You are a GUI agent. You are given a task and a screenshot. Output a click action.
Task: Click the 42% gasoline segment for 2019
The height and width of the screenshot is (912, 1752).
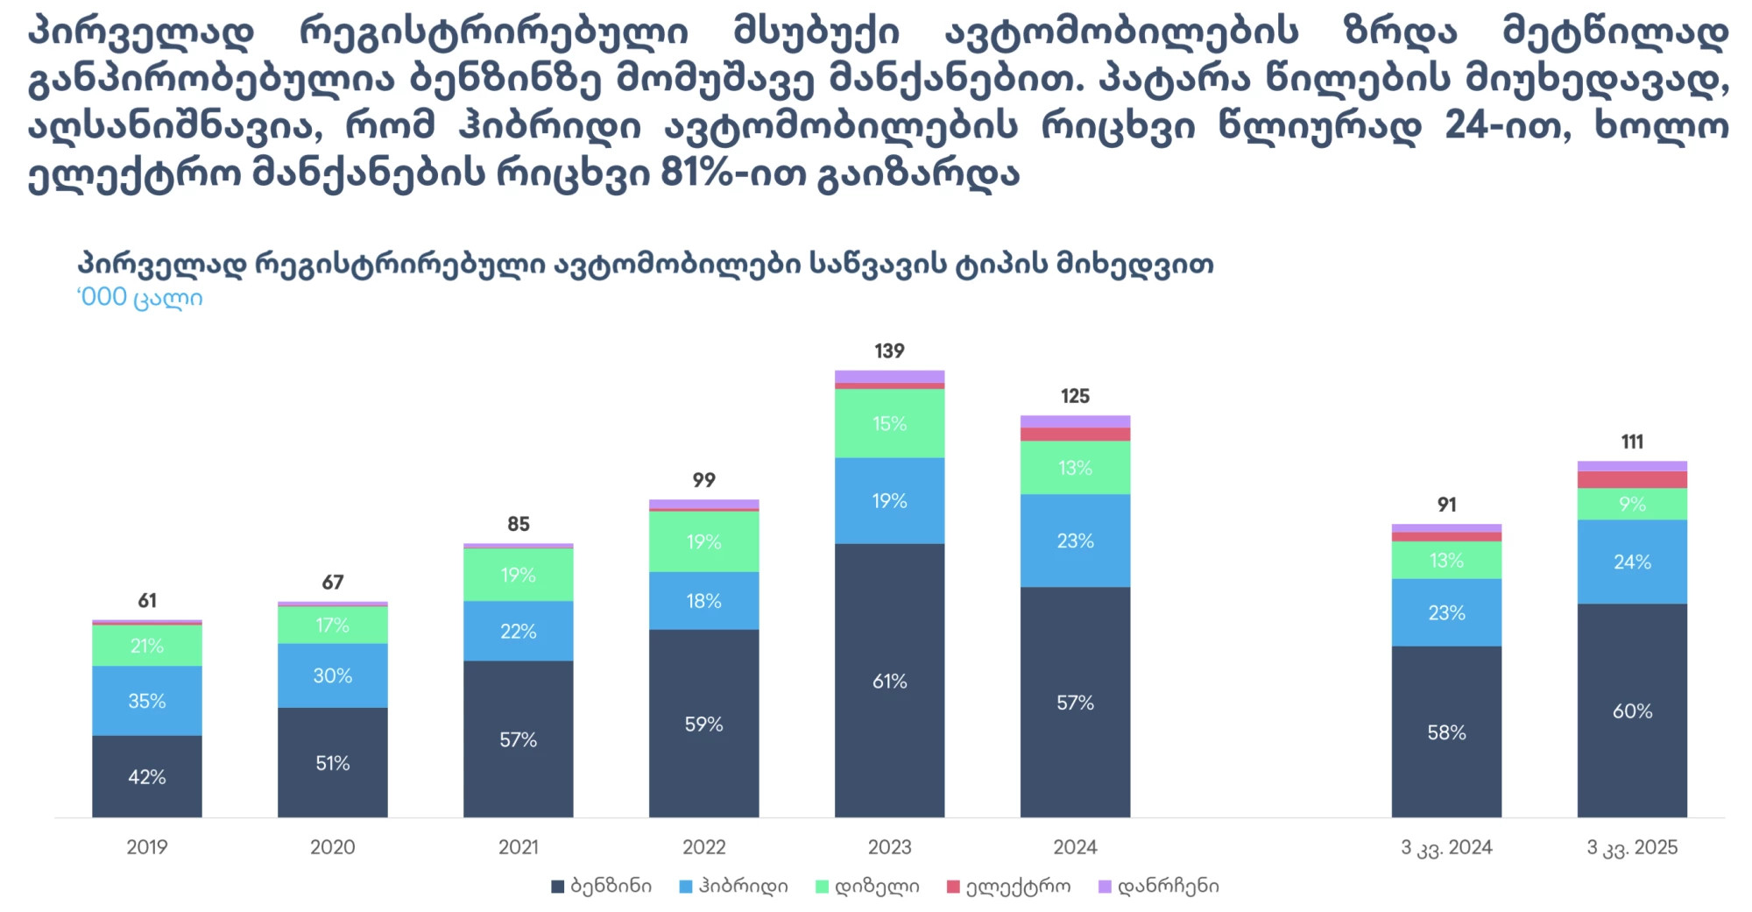(146, 776)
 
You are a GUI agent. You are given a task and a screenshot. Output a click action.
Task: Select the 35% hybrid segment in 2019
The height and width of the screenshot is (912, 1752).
(146, 700)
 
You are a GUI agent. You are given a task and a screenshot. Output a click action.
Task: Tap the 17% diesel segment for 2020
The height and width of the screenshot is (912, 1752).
(332, 625)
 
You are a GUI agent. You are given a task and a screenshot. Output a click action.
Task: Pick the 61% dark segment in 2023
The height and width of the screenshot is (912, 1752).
(889, 681)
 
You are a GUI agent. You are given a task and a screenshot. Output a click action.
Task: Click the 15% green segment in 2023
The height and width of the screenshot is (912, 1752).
(889, 423)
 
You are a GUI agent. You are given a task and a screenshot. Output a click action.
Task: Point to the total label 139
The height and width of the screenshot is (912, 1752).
(889, 351)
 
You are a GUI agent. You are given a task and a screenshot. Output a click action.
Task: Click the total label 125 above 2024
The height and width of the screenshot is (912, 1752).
(1075, 396)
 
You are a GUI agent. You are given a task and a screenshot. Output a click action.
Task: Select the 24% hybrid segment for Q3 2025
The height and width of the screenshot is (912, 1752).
(1632, 562)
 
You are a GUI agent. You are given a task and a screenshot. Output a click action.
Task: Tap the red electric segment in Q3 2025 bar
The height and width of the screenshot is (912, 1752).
(1632, 479)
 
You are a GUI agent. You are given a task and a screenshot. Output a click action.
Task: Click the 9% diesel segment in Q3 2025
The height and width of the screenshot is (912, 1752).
(1632, 504)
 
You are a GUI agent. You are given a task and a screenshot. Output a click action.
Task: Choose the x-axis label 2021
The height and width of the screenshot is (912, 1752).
(518, 847)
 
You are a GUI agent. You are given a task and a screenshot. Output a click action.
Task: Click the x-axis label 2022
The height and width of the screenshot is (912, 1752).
(703, 847)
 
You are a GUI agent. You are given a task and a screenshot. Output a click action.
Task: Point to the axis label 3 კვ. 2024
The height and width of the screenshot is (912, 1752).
(1446, 847)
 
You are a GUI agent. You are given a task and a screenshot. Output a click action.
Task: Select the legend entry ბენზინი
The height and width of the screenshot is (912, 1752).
(602, 887)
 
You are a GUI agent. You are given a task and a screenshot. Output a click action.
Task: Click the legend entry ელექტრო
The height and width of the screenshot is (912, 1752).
(1009, 887)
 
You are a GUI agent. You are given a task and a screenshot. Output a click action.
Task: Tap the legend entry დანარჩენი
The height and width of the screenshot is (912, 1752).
(1159, 887)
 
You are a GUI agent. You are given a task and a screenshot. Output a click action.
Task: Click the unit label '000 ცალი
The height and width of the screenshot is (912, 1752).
(140, 298)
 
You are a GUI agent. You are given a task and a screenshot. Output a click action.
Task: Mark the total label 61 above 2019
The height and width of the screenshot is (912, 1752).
(147, 601)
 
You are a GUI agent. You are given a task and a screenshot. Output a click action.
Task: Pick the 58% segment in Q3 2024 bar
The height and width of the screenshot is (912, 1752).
(1446, 732)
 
